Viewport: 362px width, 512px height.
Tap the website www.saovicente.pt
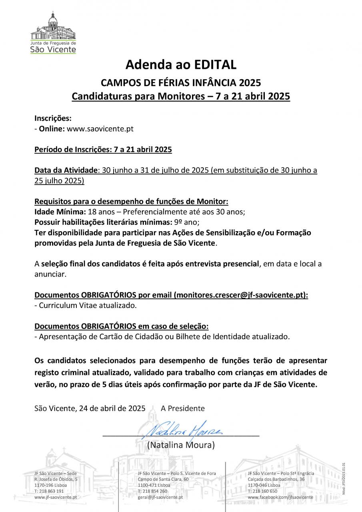100,129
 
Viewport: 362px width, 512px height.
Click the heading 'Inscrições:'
53,118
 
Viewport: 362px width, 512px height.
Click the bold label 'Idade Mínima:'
56,212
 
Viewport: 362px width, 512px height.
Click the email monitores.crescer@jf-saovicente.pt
240,295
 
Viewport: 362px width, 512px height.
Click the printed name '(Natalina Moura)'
181,445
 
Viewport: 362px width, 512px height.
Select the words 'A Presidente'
182,408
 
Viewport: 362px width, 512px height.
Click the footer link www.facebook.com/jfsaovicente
280,497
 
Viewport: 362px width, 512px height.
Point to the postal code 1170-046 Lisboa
264,485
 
